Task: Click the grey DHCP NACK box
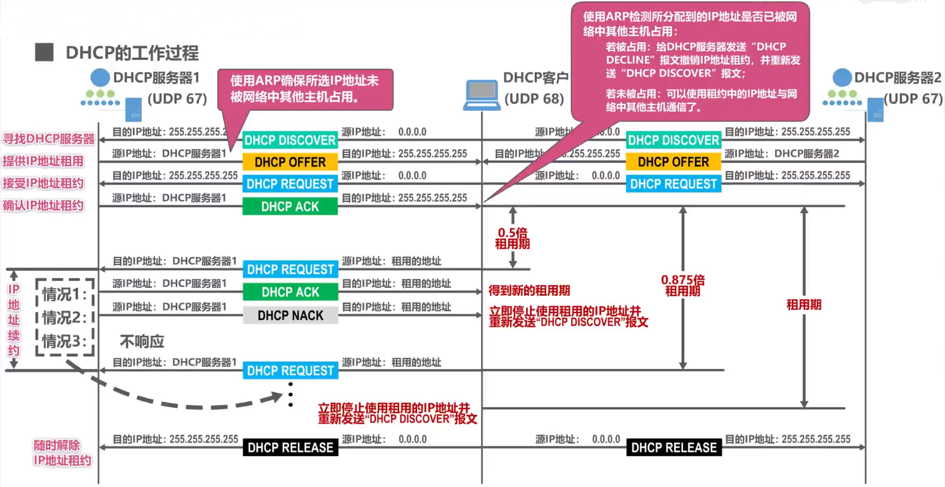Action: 290,315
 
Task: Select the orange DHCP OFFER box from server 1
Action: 290,162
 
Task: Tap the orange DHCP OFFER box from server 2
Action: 673,162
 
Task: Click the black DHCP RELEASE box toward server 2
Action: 674,448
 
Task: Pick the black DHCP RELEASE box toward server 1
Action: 290,448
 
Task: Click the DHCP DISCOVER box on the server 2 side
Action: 673,140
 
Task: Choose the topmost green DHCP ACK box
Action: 290,207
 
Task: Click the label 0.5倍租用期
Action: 512,238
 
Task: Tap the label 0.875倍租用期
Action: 683,285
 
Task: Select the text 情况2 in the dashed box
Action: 64,318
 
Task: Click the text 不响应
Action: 142,341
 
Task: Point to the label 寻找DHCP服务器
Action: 48,139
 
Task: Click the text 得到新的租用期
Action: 529,291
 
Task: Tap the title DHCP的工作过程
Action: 132,53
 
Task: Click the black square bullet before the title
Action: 44,52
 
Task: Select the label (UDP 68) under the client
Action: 534,99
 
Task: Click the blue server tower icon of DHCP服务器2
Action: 875,110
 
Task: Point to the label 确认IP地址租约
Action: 43,206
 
